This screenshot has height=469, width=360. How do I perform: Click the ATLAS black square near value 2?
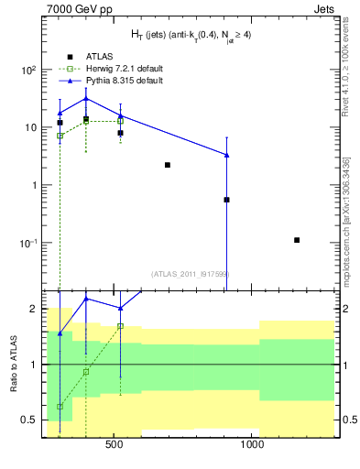[168, 165]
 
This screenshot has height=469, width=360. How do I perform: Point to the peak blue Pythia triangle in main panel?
[86, 98]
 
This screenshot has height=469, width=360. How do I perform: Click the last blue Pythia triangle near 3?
[226, 155]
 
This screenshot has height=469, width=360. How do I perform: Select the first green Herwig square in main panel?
[60, 136]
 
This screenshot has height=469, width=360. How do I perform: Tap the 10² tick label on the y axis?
[28, 70]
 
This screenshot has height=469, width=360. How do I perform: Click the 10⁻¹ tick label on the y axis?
[28, 243]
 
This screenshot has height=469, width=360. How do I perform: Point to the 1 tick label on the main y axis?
[34, 185]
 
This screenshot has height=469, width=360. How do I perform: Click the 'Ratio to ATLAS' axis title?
[12, 365]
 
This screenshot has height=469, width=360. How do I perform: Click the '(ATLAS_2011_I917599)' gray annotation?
[190, 274]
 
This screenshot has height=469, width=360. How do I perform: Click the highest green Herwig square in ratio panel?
[120, 326]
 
